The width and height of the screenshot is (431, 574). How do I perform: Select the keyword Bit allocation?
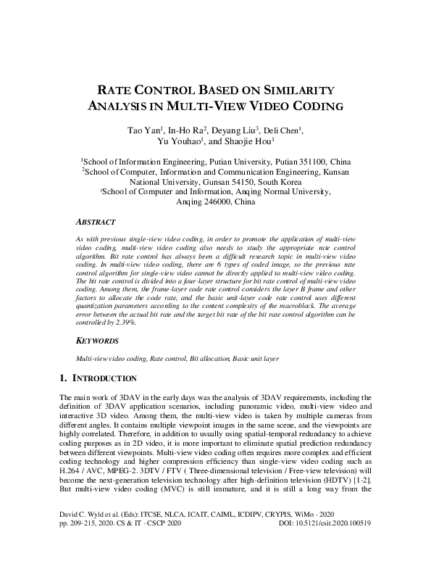[x=210, y=359]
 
